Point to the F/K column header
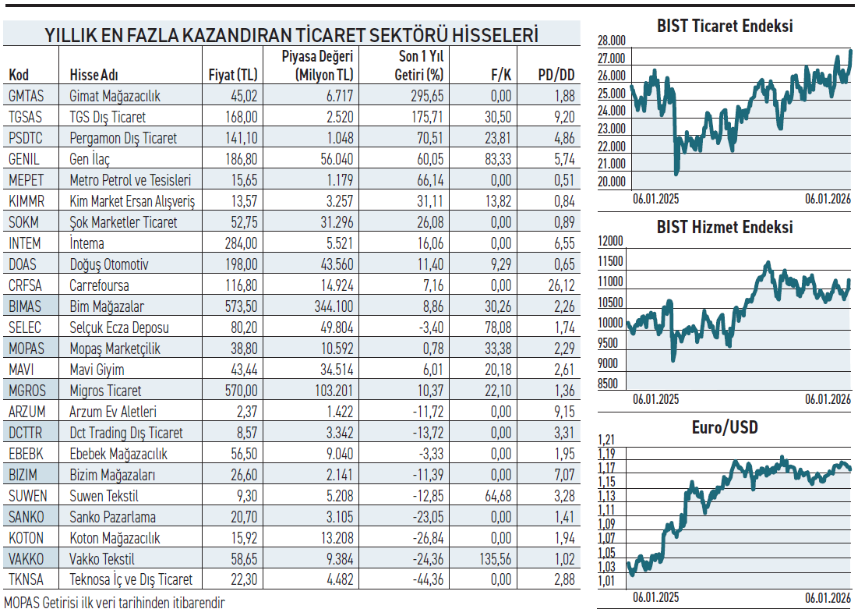500,75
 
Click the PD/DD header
556,75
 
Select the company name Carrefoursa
99,285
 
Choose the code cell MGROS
27,391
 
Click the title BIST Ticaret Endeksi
725,26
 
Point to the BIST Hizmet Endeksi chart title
725,228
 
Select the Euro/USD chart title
725,427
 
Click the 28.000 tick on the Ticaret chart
612,41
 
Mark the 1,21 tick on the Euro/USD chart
606,439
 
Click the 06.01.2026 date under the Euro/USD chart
828,598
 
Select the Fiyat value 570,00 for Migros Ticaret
240,391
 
